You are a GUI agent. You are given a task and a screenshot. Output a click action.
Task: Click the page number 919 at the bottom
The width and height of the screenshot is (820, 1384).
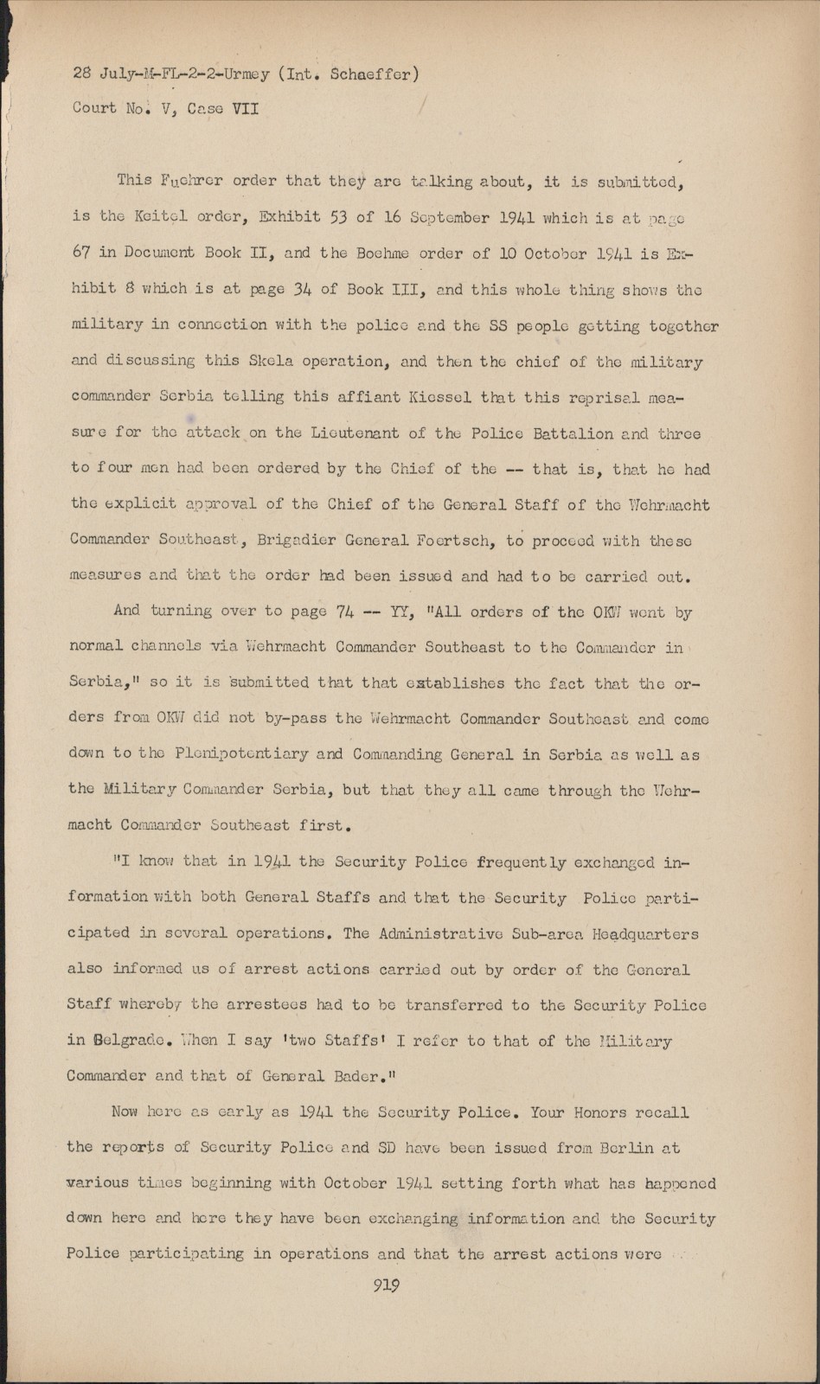tap(386, 1285)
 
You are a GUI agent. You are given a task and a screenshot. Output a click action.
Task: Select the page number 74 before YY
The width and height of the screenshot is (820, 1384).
tap(344, 611)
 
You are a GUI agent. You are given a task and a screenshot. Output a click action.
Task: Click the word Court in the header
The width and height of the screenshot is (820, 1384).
tap(94, 109)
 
